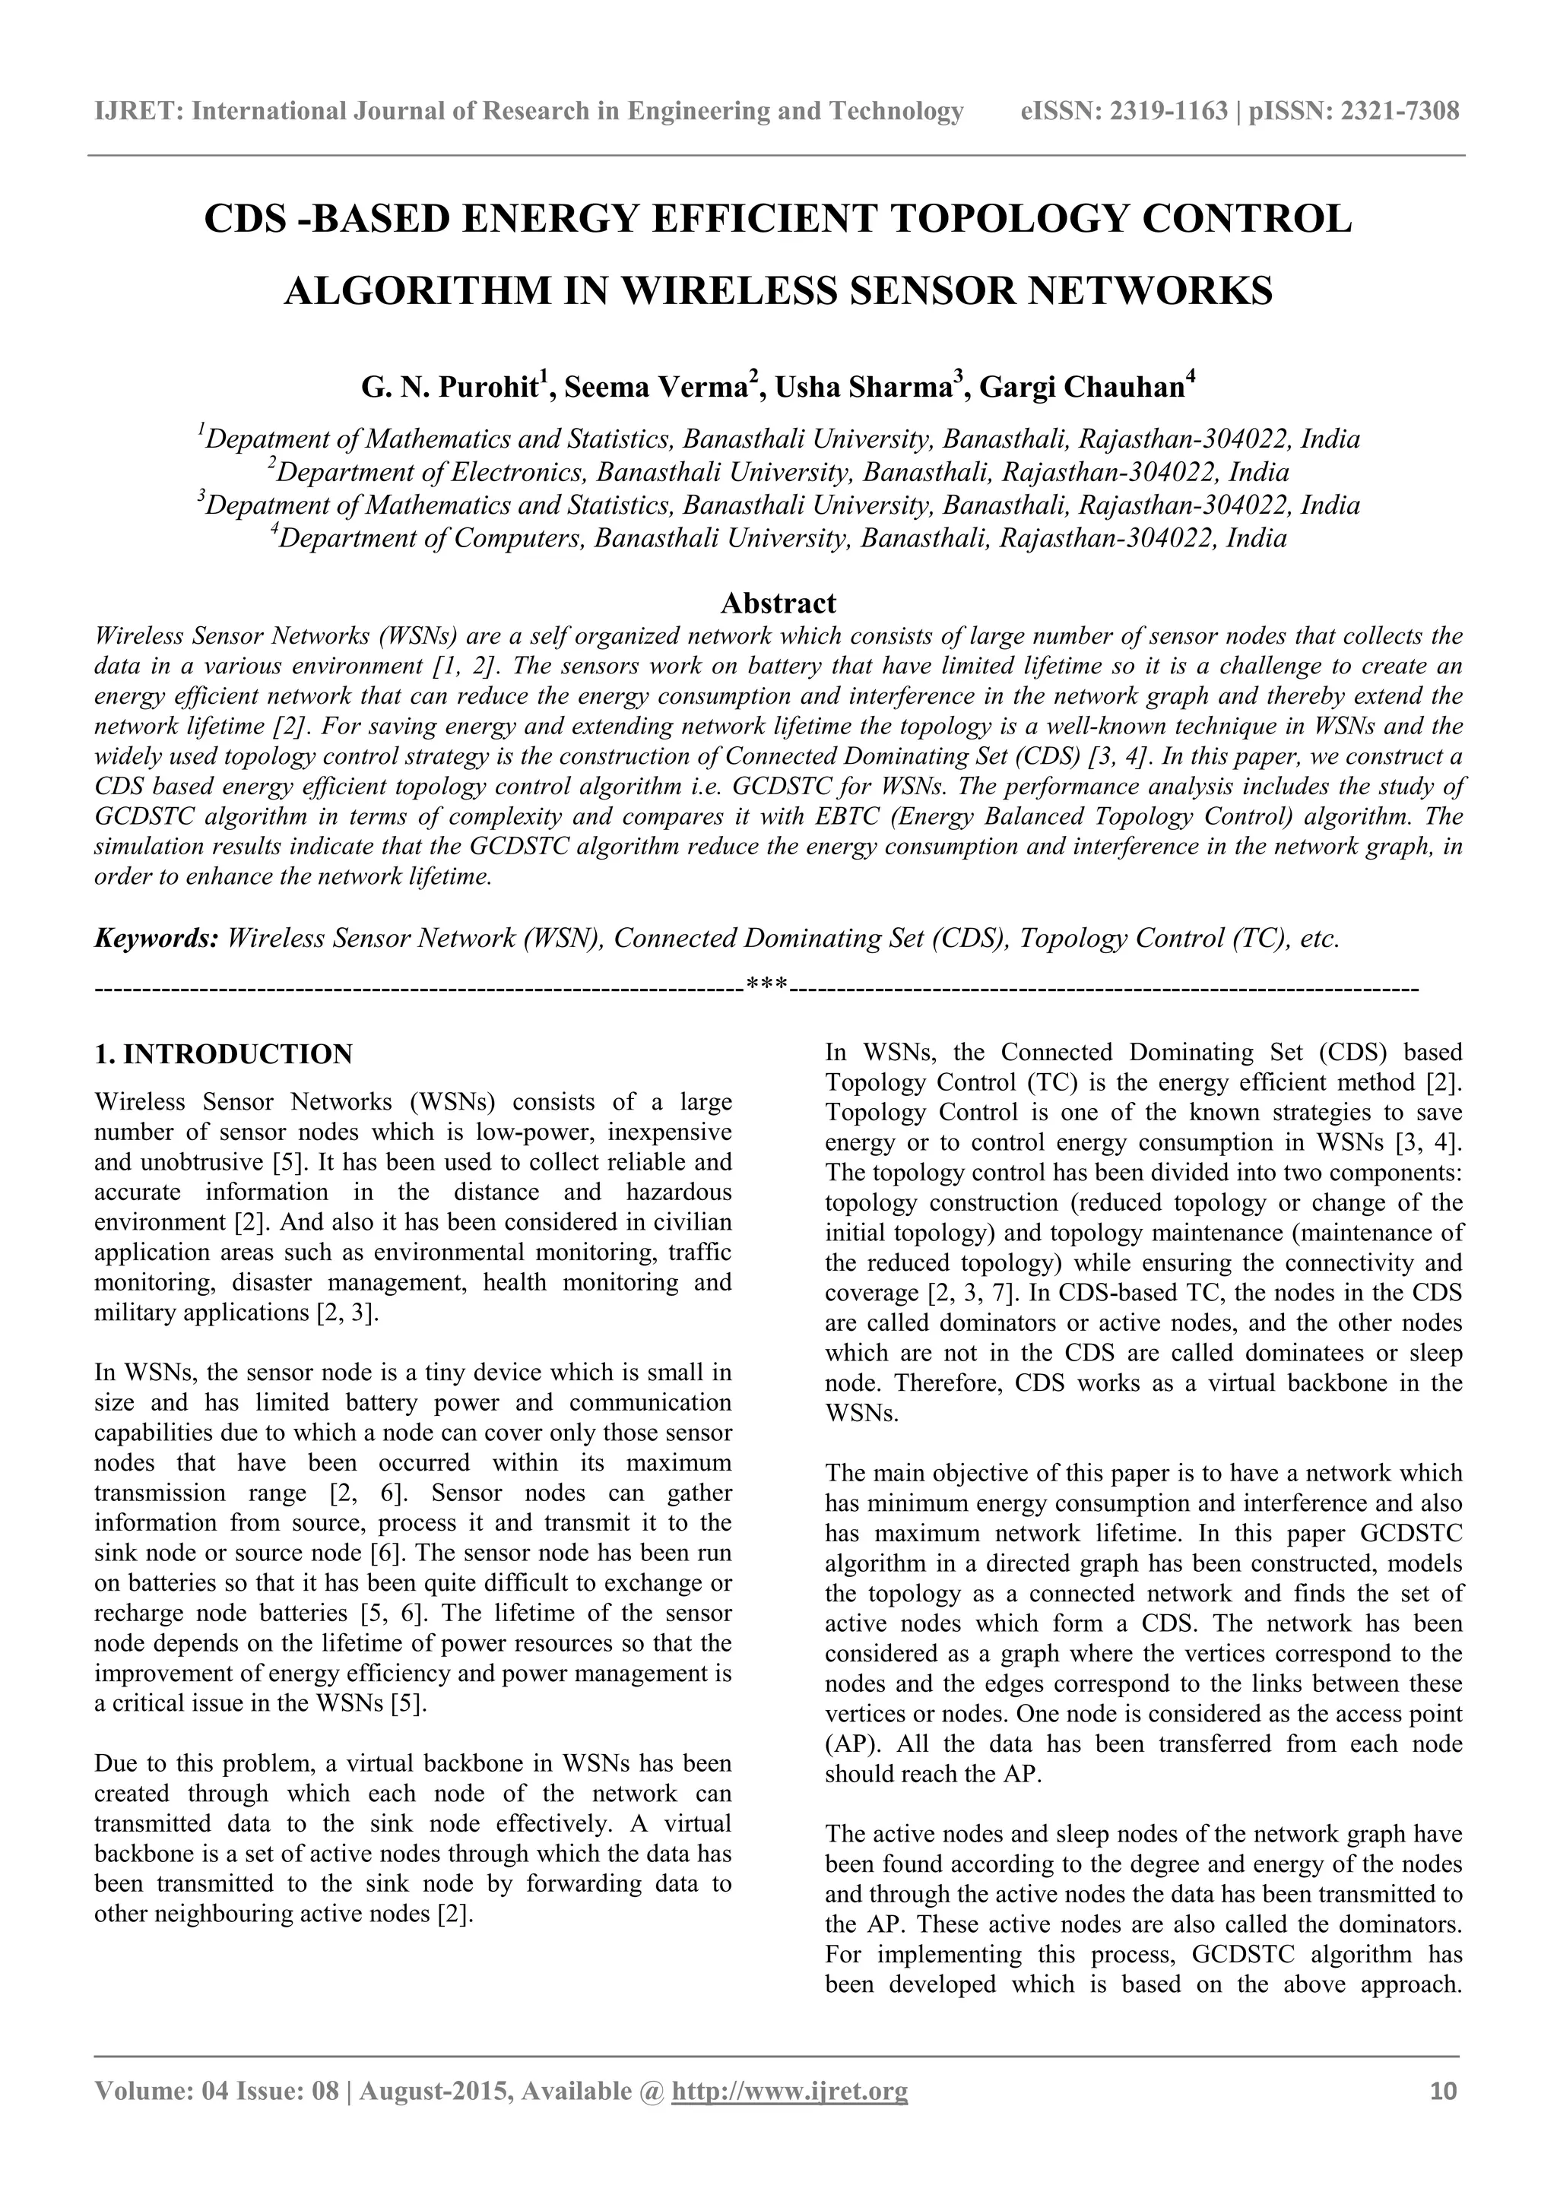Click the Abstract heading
(x=778, y=603)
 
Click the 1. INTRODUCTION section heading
(x=224, y=1054)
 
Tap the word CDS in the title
(x=246, y=220)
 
